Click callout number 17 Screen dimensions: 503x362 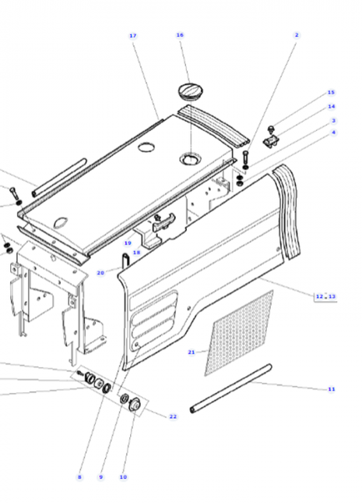pos(132,36)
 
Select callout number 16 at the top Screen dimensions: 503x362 pos(180,35)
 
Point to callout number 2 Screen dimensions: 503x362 pos(297,35)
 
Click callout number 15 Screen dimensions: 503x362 pos(331,92)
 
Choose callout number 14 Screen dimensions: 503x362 pos(331,106)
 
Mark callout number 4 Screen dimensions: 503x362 pos(333,133)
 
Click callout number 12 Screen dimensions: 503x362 pos(319,296)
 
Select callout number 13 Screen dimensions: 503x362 pos(332,296)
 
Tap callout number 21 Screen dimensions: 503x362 pos(191,352)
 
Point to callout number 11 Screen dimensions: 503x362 pos(331,388)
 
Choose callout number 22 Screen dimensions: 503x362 pos(173,417)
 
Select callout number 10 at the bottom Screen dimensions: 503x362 pos(123,476)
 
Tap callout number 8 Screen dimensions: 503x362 pos(79,476)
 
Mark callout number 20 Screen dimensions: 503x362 pos(100,273)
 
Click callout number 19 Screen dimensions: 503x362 pos(127,243)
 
